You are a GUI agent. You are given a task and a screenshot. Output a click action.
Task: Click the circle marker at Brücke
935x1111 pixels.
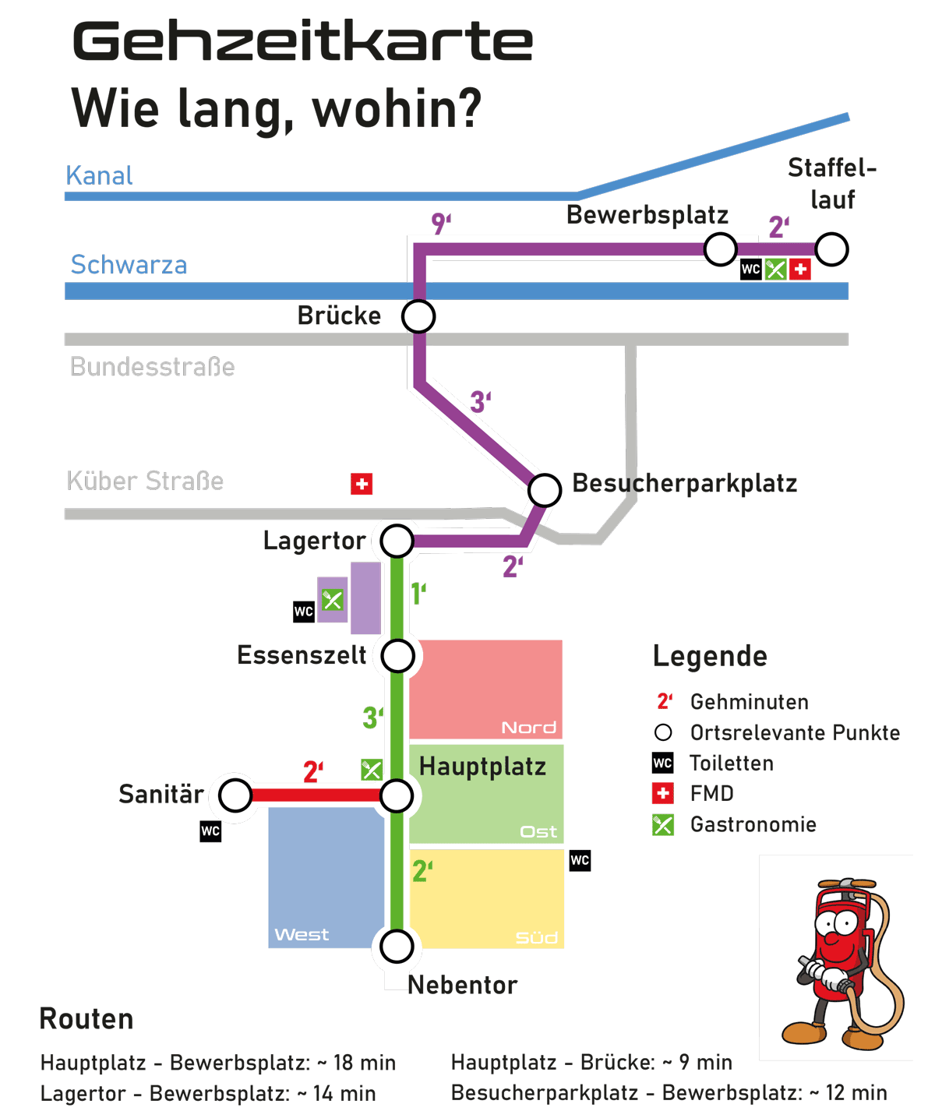click(x=418, y=316)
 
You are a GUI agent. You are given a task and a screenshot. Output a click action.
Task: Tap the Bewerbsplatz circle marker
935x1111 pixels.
click(x=720, y=249)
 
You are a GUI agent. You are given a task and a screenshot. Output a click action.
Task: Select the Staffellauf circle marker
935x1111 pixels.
click(x=831, y=249)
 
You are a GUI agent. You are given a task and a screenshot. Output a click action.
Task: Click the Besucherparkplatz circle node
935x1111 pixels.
click(x=545, y=489)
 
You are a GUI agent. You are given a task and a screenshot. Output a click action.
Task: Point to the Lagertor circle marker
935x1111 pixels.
click(x=397, y=541)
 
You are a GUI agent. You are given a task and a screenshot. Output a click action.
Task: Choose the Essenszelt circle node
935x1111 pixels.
click(x=397, y=655)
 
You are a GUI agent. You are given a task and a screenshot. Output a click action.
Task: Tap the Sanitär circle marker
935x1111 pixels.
click(x=235, y=795)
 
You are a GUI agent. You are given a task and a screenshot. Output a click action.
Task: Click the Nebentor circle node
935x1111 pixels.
click(x=397, y=947)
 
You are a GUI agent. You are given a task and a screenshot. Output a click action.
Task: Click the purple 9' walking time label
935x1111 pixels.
click(x=441, y=224)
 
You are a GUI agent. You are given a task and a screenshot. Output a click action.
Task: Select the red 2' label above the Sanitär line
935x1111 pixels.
click(x=313, y=771)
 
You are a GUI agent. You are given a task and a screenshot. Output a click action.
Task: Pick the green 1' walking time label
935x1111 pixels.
click(x=418, y=593)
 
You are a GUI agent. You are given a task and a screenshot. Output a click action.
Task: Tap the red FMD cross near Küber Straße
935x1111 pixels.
click(x=362, y=484)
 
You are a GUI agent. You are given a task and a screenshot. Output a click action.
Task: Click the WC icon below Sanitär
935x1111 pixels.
click(x=210, y=831)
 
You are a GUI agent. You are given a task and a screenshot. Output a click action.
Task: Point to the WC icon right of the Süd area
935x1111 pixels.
click(x=580, y=860)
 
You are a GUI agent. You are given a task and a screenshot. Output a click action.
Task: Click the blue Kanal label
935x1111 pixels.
click(x=99, y=175)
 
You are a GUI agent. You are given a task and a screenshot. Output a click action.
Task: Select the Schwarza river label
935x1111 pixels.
click(x=129, y=264)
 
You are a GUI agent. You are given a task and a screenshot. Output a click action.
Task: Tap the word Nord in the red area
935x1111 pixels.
click(x=528, y=728)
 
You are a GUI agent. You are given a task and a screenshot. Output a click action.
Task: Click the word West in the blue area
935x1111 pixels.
click(x=302, y=934)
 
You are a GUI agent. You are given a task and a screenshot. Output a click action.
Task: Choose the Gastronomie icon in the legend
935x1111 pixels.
click(x=662, y=825)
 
